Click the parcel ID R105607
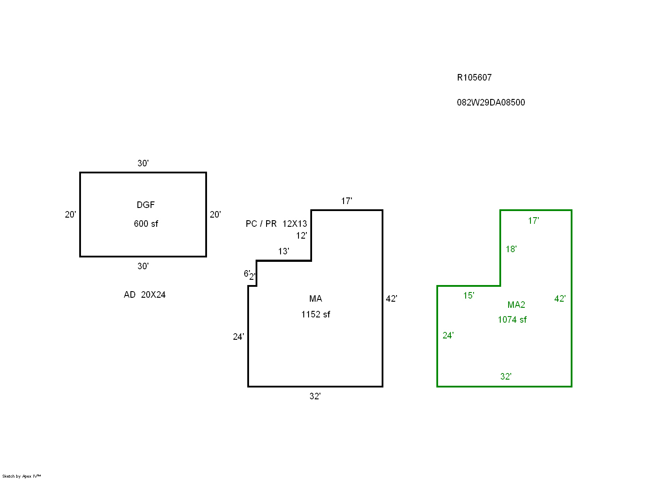[x=474, y=77]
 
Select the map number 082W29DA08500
[x=491, y=102]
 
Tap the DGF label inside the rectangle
[x=145, y=205]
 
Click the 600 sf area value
[x=146, y=224]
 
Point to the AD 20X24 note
[x=144, y=295]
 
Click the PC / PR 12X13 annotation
[x=276, y=224]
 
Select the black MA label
[x=315, y=299]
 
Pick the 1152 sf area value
[x=315, y=314]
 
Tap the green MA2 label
[x=516, y=305]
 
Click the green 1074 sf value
[x=512, y=320]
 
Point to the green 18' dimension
[x=511, y=249]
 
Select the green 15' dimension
[x=468, y=296]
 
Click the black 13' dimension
[x=283, y=251]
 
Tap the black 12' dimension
[x=301, y=236]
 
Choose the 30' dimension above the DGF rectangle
[x=143, y=163]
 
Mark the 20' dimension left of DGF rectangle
[x=70, y=215]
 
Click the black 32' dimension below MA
[x=315, y=396]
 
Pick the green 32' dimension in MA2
[x=506, y=377]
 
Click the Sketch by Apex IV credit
[x=21, y=476]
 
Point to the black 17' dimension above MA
[x=346, y=201]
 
